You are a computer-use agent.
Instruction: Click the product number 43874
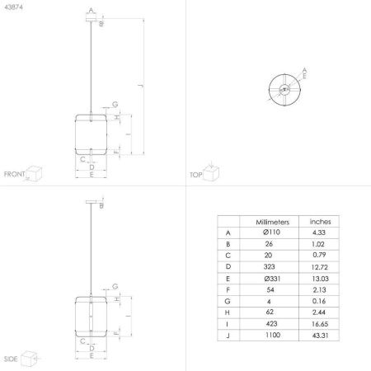[x=13, y=7]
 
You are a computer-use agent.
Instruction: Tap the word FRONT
[x=14, y=174]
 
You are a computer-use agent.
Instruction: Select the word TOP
[x=196, y=175]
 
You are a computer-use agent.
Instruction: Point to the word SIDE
[x=11, y=359]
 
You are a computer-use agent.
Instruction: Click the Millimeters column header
[x=272, y=222]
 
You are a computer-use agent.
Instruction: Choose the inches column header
[x=320, y=222]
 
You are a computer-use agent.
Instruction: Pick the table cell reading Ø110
[x=271, y=232]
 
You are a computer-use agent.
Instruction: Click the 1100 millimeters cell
[x=273, y=335]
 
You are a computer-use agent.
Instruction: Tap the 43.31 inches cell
[x=320, y=336]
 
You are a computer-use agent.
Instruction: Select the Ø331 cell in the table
[x=272, y=279]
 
